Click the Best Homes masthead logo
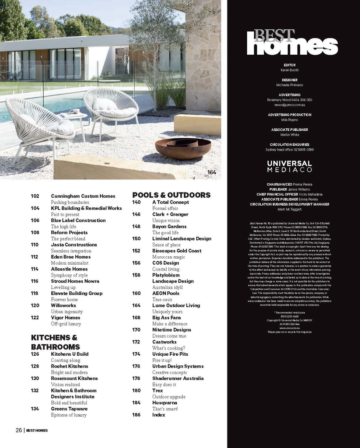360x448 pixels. [292, 42]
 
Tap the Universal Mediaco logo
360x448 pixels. [289, 166]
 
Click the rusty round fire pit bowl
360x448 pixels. [183, 148]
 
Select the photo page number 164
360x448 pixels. [211, 172]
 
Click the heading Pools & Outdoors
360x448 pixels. [171, 195]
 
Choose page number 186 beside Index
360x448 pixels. [136, 415]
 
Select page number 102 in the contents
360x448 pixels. [35, 196]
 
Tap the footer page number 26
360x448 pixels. [19, 430]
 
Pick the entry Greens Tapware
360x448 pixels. [69, 409]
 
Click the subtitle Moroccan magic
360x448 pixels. [168, 257]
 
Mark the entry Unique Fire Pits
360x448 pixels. [170, 354]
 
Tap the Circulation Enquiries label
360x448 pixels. [289, 144]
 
